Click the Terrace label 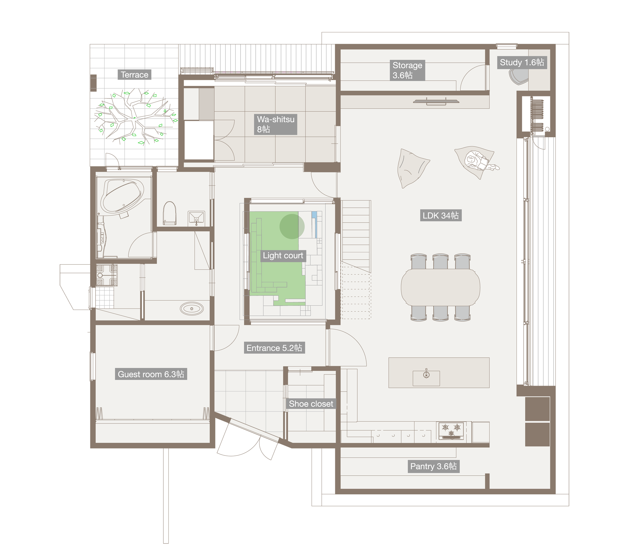[135, 75]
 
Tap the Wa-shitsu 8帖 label [275, 124]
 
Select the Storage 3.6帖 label [407, 70]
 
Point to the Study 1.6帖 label [522, 63]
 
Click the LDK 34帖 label [440, 216]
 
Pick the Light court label [283, 255]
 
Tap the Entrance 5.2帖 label [274, 348]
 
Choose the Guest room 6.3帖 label [151, 374]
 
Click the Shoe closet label [311, 404]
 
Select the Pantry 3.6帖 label [433, 466]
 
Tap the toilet [169, 213]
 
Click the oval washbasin [192, 309]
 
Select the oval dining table [440, 287]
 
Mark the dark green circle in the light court [292, 227]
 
